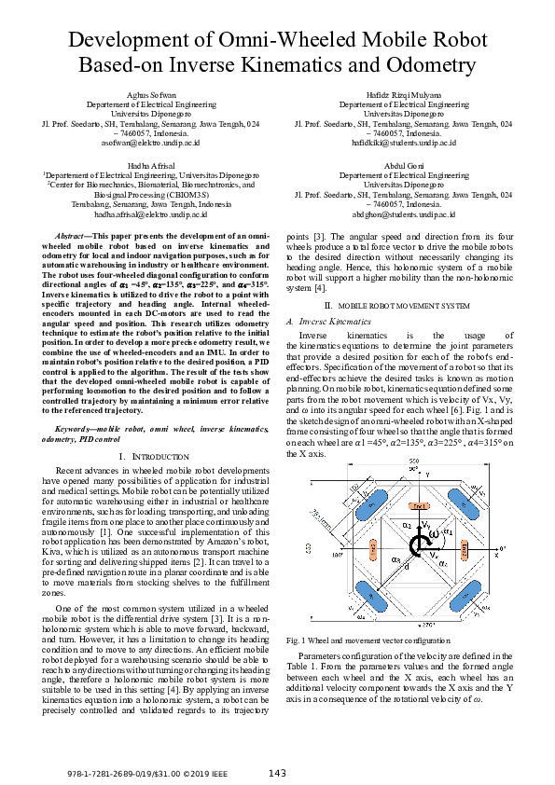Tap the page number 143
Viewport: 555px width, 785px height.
pyautogui.click(x=276, y=772)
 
